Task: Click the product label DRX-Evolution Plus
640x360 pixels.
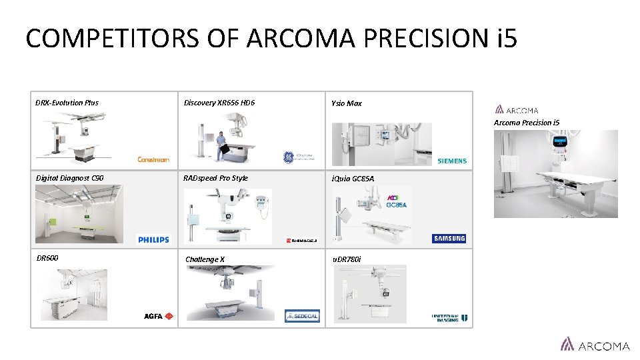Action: [x=67, y=103]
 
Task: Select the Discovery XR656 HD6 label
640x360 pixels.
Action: [x=219, y=103]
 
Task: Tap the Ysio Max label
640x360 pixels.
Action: [x=347, y=103]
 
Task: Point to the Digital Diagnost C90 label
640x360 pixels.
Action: [x=69, y=178]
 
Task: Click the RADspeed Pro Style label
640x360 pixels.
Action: [x=217, y=178]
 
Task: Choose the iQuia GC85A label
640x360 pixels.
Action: [x=353, y=179]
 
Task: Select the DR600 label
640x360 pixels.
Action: [x=47, y=257]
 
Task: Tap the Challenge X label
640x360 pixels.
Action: [x=205, y=259]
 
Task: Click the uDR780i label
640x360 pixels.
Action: [x=347, y=259]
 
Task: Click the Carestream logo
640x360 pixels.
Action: [x=153, y=160]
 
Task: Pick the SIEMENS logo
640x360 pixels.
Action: [x=452, y=161]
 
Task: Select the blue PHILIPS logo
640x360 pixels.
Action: [x=153, y=239]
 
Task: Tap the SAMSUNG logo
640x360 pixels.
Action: [x=449, y=239]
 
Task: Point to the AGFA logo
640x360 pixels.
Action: [x=159, y=316]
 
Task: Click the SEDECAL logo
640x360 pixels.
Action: [x=302, y=316]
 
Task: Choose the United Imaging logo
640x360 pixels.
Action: [x=449, y=318]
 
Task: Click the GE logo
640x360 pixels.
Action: [x=289, y=157]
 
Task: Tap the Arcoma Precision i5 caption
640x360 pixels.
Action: [x=527, y=123]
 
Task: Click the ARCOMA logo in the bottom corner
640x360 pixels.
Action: [x=595, y=345]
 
